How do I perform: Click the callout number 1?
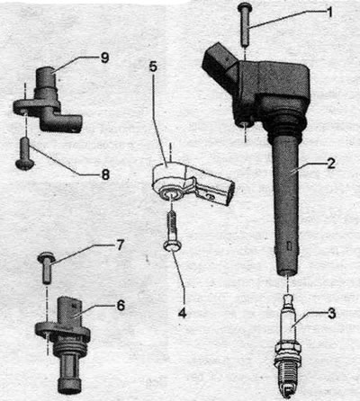[x=329, y=13]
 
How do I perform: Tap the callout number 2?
[x=331, y=164]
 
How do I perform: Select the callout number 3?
[x=331, y=314]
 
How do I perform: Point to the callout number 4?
[x=182, y=313]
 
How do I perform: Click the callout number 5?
[x=153, y=67]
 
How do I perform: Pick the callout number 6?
[x=121, y=306]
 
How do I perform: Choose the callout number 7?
[x=120, y=245]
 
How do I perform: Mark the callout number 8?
[x=105, y=174]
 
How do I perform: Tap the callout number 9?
[x=104, y=58]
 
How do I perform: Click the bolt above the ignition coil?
[x=245, y=24]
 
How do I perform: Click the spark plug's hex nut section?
[x=287, y=350]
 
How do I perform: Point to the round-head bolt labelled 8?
[x=25, y=153]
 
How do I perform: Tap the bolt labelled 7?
[x=46, y=267]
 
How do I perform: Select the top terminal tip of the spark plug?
[x=288, y=299]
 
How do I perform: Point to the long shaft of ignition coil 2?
[x=287, y=207]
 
